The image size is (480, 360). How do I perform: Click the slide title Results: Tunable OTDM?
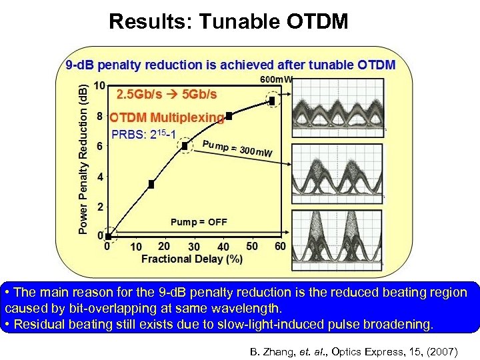(x=228, y=21)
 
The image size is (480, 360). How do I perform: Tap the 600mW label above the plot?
(x=275, y=79)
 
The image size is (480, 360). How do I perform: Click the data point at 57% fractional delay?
(x=273, y=101)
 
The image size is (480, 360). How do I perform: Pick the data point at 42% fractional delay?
(x=229, y=116)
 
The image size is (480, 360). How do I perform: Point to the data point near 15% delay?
(x=151, y=184)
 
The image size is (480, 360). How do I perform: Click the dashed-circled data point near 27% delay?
(x=184, y=146)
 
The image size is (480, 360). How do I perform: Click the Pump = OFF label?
(x=199, y=222)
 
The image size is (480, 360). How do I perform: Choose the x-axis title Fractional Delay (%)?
(x=191, y=258)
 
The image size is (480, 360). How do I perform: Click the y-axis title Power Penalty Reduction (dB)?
(x=83, y=159)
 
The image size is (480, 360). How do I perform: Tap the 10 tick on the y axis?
(x=99, y=85)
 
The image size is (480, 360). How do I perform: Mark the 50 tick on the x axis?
(x=252, y=247)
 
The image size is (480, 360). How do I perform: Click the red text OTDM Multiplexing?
(x=167, y=117)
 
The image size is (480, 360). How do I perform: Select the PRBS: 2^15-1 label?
(x=143, y=135)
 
